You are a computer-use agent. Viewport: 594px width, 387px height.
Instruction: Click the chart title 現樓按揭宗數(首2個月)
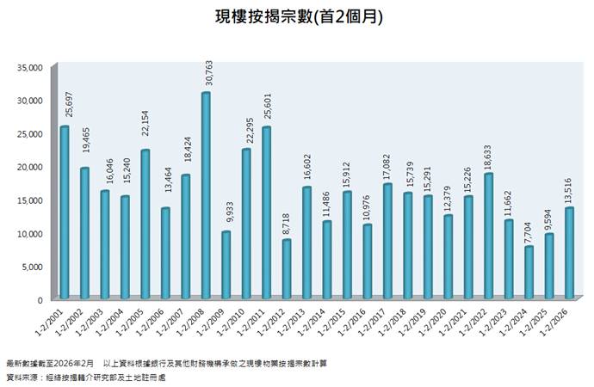pyautogui.click(x=298, y=16)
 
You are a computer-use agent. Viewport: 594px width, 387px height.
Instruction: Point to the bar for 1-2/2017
pyautogui.click(x=387, y=242)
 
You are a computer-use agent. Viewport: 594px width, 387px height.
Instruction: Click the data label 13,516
pyautogui.click(x=569, y=187)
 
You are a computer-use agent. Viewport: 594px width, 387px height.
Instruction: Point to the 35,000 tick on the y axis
pyautogui.click(x=29, y=66)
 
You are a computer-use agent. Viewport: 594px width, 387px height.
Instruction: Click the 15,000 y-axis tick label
pyautogui.click(x=29, y=200)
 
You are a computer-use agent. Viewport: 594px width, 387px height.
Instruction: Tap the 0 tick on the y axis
pyautogui.click(x=40, y=300)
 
